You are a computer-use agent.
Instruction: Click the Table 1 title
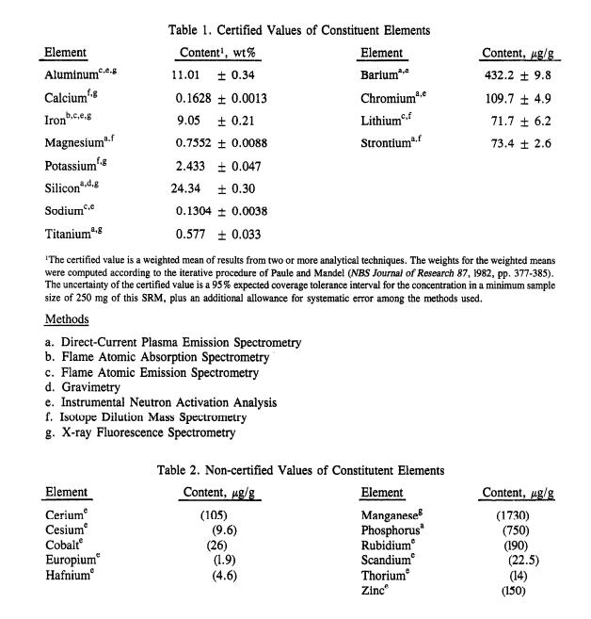(298, 30)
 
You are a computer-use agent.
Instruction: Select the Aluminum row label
(79, 74)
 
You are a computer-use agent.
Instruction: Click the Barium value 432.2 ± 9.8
(517, 74)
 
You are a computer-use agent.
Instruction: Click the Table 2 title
(301, 469)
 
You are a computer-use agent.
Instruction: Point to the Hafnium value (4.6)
(219, 576)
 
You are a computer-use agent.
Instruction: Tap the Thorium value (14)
(519, 576)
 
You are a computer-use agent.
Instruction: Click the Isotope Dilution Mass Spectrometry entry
(146, 417)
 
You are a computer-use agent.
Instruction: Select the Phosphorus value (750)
(515, 530)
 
